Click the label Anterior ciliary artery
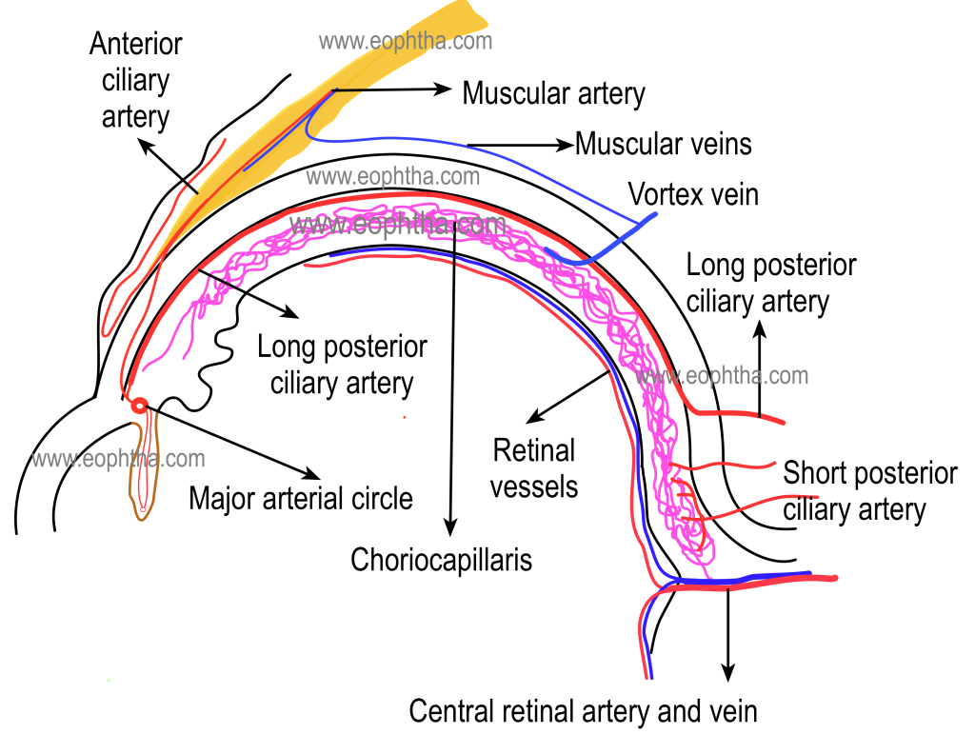click(135, 80)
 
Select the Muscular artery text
click(553, 93)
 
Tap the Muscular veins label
click(664, 144)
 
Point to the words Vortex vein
click(693, 194)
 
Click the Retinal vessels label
click(534, 467)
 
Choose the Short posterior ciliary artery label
click(869, 491)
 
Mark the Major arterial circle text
click(301, 498)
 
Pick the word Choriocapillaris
click(441, 559)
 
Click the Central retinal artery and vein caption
click(583, 710)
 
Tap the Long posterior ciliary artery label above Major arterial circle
click(342, 365)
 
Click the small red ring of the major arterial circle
click(140, 406)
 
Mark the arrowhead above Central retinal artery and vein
click(728, 672)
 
